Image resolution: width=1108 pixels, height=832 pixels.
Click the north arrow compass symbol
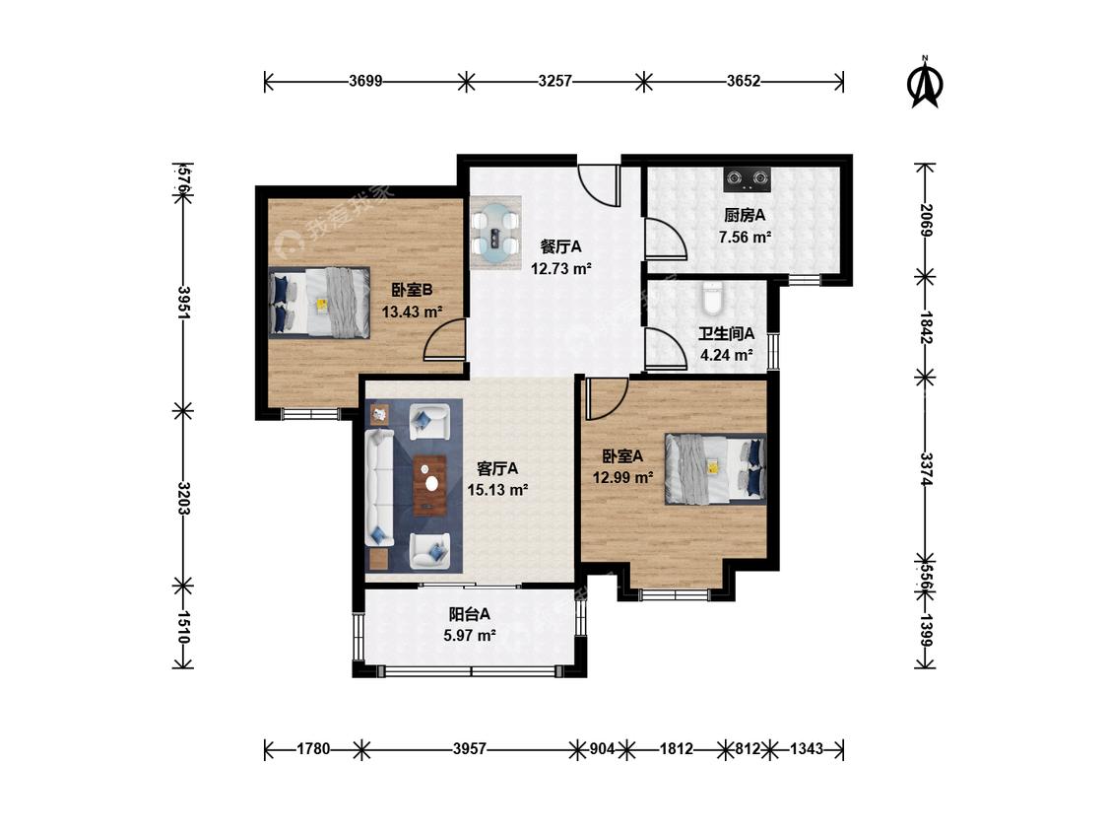point(924,84)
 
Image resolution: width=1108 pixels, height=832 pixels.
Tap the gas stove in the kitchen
point(747,179)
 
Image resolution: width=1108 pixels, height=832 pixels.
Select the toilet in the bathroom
point(712,298)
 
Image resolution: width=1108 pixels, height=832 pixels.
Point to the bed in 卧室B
point(319,302)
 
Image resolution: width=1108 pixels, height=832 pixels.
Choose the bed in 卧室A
point(715,468)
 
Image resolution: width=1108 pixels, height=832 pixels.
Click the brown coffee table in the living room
point(429,485)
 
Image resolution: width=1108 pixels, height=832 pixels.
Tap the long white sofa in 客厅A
point(379,487)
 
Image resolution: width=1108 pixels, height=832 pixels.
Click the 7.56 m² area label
point(745,237)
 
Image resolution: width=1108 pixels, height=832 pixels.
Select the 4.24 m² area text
point(727,355)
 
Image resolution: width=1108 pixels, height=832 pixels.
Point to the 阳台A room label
point(469,614)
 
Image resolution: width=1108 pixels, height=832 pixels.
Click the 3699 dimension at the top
point(365,81)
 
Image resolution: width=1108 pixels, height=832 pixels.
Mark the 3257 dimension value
point(554,81)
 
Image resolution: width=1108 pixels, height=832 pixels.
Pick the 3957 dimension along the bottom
point(470,748)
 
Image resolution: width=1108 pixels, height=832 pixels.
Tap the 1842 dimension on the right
point(926,327)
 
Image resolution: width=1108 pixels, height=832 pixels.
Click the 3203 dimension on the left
point(183,499)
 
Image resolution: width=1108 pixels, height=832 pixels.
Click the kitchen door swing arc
point(666,239)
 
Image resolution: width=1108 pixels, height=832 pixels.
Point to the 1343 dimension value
point(807,748)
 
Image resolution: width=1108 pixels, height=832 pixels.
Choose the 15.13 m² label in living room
point(497,490)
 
